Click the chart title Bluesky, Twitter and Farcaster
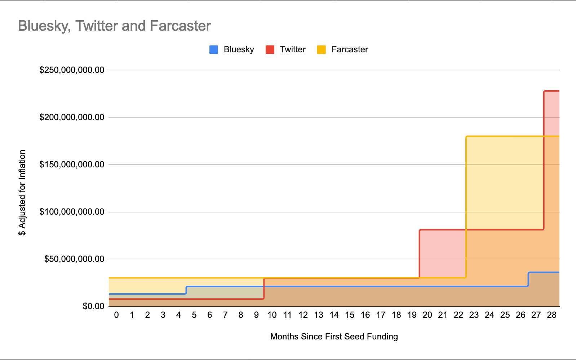(114, 26)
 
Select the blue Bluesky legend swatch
(214, 50)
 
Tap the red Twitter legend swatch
(270, 50)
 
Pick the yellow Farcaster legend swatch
(321, 50)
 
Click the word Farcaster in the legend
(349, 50)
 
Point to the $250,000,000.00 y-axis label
(72, 70)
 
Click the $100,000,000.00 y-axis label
(72, 212)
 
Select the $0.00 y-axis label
(93, 306)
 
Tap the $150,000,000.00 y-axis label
(72, 164)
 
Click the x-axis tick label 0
(116, 315)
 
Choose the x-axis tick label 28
(551, 315)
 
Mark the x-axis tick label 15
(350, 315)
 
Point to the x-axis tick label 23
(474, 315)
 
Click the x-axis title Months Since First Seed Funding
(334, 337)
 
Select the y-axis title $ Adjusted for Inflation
(22, 193)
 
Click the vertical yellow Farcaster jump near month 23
(466, 206)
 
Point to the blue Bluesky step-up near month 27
(528, 279)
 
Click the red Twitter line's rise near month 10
(264, 289)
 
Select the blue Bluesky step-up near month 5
(186, 290)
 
